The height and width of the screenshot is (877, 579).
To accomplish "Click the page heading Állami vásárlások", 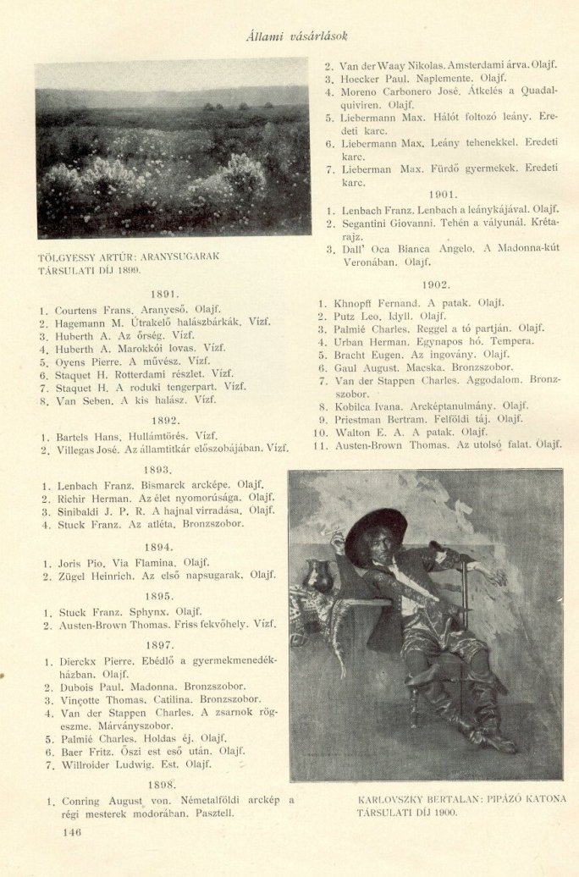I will tap(295, 36).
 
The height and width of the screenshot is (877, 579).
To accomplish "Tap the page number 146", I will tap(71, 832).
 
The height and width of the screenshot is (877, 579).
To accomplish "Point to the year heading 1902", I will tap(434, 285).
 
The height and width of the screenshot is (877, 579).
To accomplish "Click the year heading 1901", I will tap(442, 194).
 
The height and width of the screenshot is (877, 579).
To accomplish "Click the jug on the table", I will tap(318, 576).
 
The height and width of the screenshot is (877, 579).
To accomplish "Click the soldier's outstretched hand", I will tap(498, 576).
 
